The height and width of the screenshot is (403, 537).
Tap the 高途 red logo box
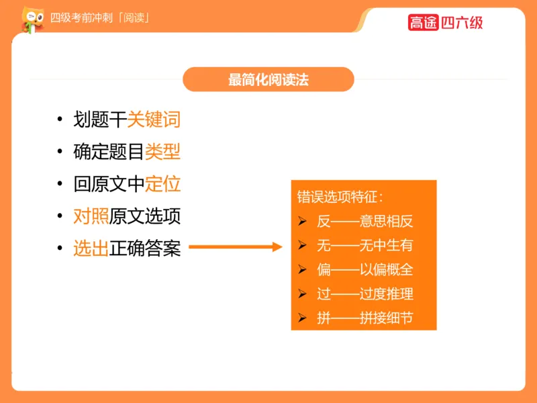pos(423,22)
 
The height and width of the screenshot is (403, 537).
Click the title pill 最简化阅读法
pos(268,79)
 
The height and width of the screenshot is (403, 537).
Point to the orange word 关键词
pos(154,120)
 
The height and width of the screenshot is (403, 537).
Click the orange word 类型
pos(162,152)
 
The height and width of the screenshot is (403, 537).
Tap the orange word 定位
pos(162,184)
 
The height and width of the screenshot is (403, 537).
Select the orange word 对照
pos(91,216)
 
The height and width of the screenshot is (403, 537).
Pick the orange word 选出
pos(91,249)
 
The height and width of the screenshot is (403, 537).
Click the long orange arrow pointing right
pos(235,248)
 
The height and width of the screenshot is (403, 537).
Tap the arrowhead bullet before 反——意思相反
pos(303,222)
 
